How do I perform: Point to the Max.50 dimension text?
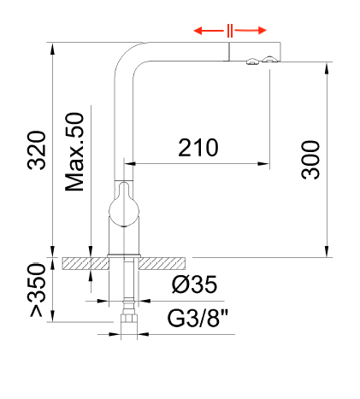74,152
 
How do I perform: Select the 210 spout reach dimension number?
198,147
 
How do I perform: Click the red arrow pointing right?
253,31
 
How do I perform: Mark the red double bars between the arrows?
230,31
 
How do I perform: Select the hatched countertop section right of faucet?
168,263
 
